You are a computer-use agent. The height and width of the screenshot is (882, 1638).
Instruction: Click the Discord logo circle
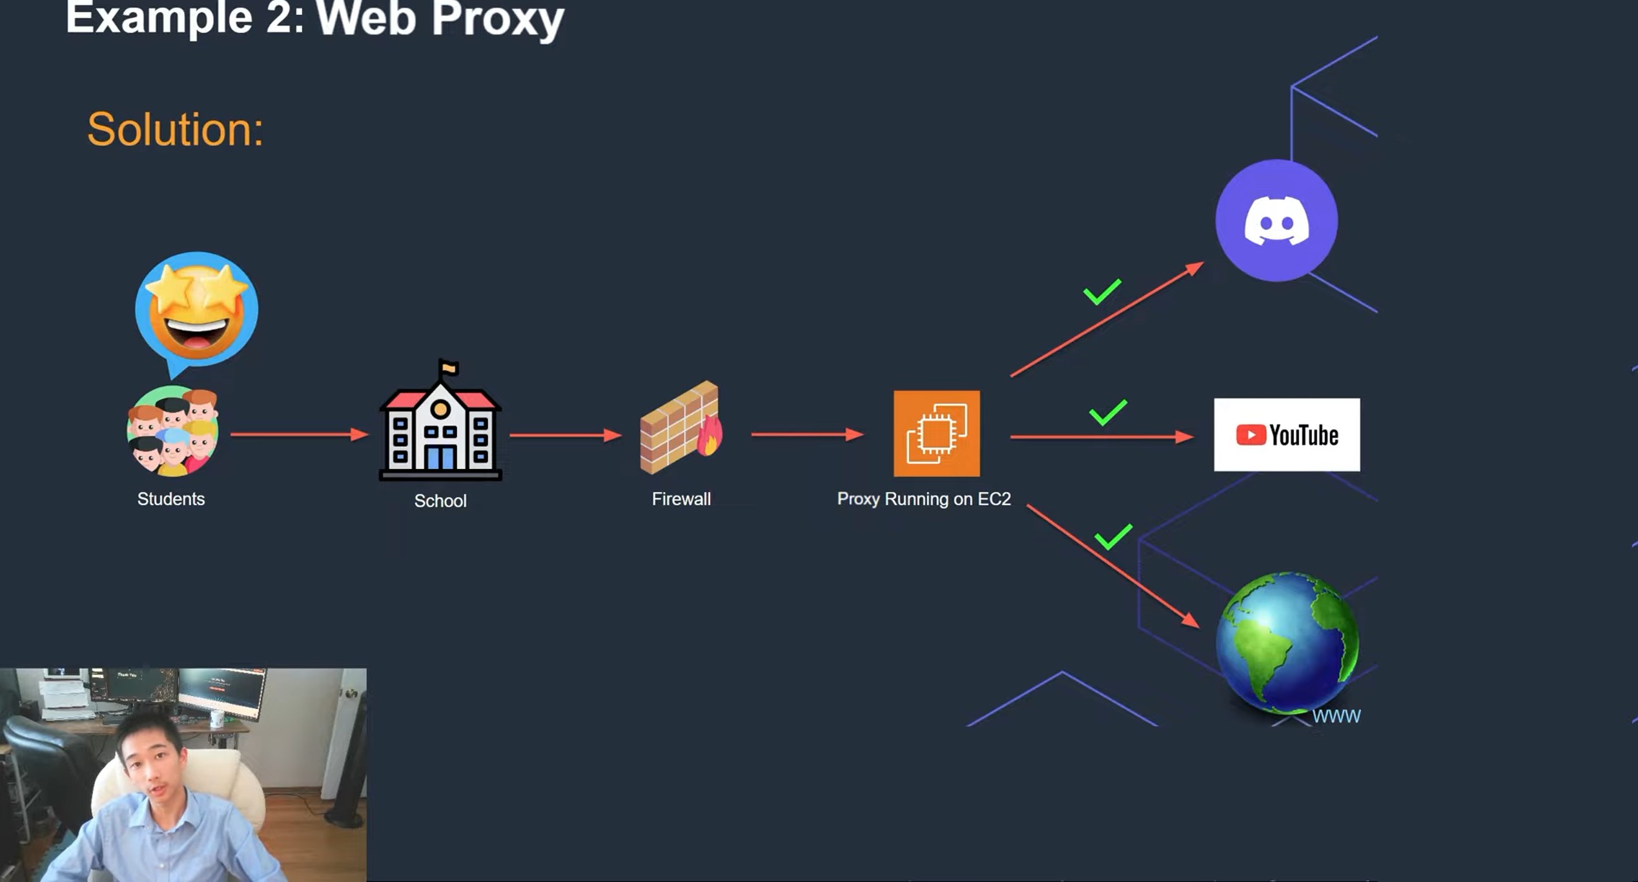[x=1276, y=221]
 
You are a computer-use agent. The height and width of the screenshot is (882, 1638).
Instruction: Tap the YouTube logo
[x=1286, y=435]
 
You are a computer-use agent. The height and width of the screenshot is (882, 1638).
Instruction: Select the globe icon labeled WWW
[x=1287, y=643]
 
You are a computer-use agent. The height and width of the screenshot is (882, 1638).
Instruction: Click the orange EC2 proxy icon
[x=936, y=434]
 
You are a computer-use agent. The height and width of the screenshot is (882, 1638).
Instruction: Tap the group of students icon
[x=172, y=431]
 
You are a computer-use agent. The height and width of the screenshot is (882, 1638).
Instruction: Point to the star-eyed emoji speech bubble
[x=196, y=310]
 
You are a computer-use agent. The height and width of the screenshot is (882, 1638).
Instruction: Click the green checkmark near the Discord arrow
[x=1102, y=292]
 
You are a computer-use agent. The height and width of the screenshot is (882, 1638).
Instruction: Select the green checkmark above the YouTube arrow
[x=1108, y=413]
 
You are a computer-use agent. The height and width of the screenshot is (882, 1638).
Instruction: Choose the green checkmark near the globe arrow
[x=1113, y=536]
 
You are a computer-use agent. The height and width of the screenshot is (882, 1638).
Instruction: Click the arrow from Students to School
[x=299, y=434]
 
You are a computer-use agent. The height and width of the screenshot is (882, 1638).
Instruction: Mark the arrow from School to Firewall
[x=565, y=436]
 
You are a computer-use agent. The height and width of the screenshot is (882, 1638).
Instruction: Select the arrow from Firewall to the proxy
[x=806, y=434]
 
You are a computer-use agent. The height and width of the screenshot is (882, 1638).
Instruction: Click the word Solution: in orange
[x=176, y=130]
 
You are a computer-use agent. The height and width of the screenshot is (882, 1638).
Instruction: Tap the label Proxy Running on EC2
[x=923, y=499]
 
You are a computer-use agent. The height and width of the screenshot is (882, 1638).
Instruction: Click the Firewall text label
[x=681, y=499]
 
